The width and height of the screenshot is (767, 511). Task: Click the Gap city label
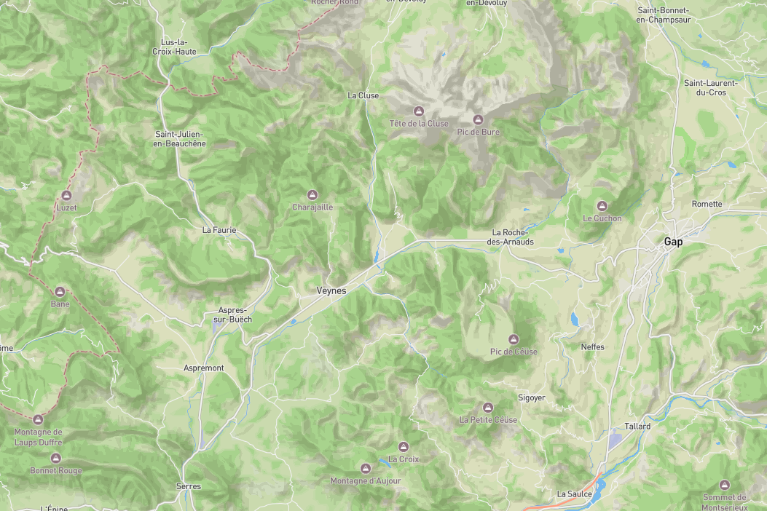coord(673,242)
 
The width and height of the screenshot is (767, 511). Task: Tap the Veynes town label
coord(331,290)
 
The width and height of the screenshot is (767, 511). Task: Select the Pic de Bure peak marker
coord(478,119)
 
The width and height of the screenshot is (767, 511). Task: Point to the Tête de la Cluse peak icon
coord(418,111)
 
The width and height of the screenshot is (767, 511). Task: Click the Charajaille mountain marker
coord(312,194)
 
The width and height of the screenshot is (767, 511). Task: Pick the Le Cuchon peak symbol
coord(602,206)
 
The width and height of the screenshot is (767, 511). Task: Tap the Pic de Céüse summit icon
coord(514,339)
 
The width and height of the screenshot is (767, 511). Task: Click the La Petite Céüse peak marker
coord(488,408)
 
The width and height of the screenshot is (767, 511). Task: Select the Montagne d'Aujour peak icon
coord(366,468)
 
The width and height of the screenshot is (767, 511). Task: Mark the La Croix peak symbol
coord(403,447)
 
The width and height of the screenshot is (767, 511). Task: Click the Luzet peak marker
coord(66,195)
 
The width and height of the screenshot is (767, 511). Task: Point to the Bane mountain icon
coord(60,291)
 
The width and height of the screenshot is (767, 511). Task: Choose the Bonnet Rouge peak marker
coord(56,458)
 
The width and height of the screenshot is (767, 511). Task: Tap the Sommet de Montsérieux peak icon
coord(724,485)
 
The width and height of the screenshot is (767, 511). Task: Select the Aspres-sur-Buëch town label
coord(232,314)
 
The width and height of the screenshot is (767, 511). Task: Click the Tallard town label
coord(637,426)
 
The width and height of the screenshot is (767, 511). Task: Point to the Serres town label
coord(188,486)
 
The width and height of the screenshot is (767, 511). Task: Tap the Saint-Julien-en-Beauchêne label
coord(181,139)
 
